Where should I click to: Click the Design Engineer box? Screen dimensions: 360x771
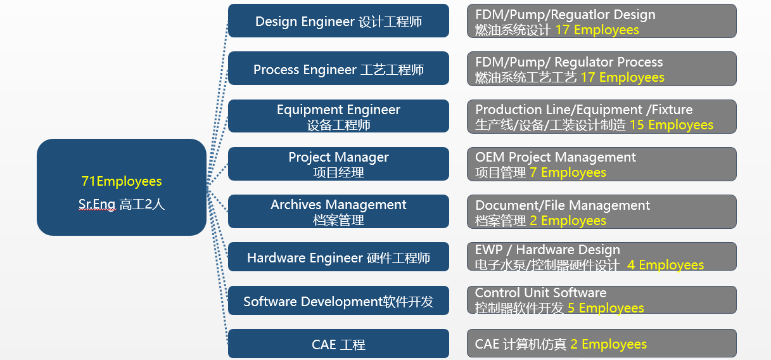pyautogui.click(x=338, y=22)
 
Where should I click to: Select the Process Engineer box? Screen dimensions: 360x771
pyautogui.click(x=338, y=69)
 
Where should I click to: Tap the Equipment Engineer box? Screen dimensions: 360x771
pyautogui.click(x=338, y=117)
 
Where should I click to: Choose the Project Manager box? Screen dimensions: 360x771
pyautogui.click(x=338, y=164)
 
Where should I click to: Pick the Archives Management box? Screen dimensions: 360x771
pyautogui.click(x=338, y=212)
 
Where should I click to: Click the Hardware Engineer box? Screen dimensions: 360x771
pyautogui.click(x=338, y=258)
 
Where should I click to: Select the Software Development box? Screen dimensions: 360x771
pyautogui.click(x=338, y=301)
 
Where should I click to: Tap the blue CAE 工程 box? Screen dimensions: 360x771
pyautogui.click(x=338, y=345)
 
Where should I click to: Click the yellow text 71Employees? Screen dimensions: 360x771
pyautogui.click(x=122, y=181)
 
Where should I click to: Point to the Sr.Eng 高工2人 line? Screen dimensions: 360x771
pyautogui.click(x=122, y=204)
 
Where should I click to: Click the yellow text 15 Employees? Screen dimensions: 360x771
pyautogui.click(x=671, y=125)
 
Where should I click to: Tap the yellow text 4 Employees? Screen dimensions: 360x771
pyautogui.click(x=665, y=265)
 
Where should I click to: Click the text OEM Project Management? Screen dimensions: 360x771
pyautogui.click(x=556, y=157)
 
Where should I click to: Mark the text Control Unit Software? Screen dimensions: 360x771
pyautogui.click(x=540, y=293)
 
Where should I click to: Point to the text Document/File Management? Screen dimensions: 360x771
pyautogui.click(x=563, y=205)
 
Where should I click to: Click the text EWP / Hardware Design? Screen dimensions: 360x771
pyautogui.click(x=547, y=250)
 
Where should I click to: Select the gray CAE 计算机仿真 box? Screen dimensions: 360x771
pyautogui.click(x=601, y=344)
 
